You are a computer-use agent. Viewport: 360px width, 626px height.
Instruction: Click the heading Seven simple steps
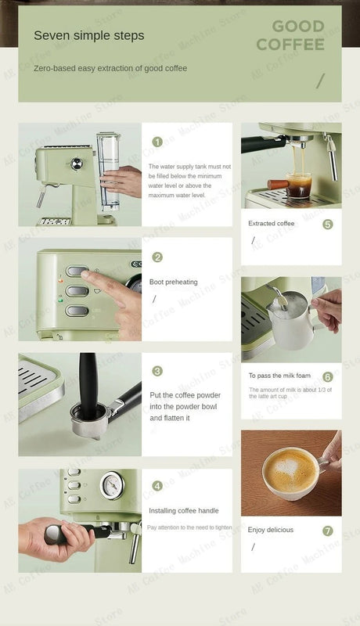88,36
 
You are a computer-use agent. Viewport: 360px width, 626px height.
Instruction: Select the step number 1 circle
157,142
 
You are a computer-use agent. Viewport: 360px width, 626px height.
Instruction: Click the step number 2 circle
157,257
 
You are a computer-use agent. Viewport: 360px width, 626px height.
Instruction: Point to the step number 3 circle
157,371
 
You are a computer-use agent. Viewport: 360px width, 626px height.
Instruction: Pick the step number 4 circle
157,486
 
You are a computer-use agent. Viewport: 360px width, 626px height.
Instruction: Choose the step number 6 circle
327,377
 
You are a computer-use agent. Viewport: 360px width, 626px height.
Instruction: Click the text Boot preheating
173,282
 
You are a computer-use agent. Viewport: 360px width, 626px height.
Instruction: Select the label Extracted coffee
271,224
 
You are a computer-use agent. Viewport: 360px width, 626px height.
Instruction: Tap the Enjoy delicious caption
270,530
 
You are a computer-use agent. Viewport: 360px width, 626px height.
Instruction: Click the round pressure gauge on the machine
113,485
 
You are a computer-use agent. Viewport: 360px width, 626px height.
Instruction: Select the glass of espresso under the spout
297,185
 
